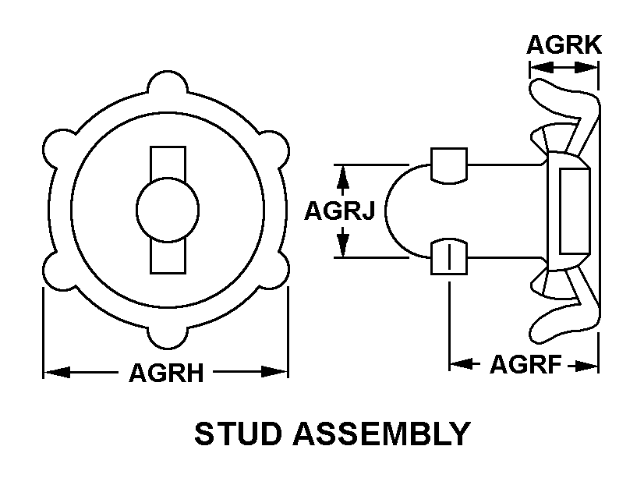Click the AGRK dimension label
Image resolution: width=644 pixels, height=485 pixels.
click(564, 44)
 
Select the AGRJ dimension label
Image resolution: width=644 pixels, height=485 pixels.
click(340, 211)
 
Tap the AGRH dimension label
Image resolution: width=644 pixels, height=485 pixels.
click(166, 373)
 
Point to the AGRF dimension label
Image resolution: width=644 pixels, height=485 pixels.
click(525, 364)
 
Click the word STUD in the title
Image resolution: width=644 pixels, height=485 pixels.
click(236, 434)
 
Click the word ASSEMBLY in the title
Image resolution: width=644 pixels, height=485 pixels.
click(381, 434)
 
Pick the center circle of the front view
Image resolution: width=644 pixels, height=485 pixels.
click(168, 210)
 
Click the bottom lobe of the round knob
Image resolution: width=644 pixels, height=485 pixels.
click(168, 337)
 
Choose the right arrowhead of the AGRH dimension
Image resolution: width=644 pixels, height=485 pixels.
click(274, 373)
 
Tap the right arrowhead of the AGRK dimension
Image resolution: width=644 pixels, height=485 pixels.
click(586, 67)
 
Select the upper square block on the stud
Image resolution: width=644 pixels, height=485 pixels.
click(449, 165)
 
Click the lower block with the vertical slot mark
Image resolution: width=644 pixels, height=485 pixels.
click(449, 257)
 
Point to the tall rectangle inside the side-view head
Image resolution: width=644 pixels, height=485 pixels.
click(575, 211)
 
